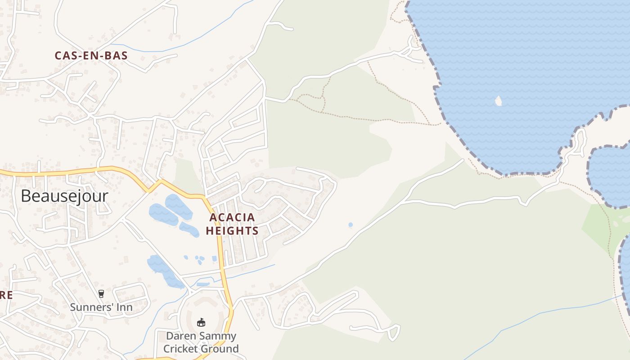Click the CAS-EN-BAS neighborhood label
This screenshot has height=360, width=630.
pos(91,56)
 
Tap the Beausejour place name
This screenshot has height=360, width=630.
pos(64,196)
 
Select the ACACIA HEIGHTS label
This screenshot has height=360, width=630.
pos(232,224)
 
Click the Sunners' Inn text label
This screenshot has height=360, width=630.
pos(101,307)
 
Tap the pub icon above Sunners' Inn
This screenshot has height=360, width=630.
pos(101,294)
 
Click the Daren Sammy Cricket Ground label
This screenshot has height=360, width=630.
pos(201,342)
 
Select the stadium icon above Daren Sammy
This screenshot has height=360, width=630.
pos(201,323)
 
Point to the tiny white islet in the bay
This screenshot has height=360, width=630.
pos(498,100)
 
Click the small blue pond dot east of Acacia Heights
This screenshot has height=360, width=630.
pos(351,225)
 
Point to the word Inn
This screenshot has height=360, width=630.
pos(124,307)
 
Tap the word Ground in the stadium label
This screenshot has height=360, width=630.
pos(219,349)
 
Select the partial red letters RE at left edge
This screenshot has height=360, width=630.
pos(5,296)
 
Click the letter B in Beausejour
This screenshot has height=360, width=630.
pos(26,196)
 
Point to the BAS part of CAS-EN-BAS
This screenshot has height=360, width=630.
pos(117,56)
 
